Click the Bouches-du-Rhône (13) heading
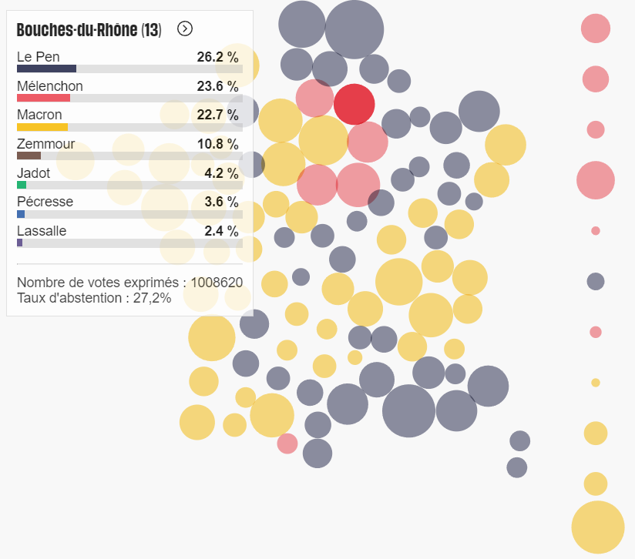(x=89, y=30)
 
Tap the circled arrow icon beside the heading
(x=185, y=28)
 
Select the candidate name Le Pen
(x=38, y=57)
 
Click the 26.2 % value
(x=217, y=57)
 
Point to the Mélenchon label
(x=49, y=86)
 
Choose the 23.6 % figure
(x=217, y=86)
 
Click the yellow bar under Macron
(x=42, y=127)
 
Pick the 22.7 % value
(x=217, y=115)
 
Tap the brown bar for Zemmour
(x=29, y=156)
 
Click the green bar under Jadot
(x=22, y=185)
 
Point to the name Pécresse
(x=45, y=202)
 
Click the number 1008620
(x=217, y=283)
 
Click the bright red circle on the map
(x=354, y=104)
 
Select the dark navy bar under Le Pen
(x=46, y=69)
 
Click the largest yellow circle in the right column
(x=597, y=527)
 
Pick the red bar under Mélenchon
(x=43, y=98)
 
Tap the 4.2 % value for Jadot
(x=221, y=173)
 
